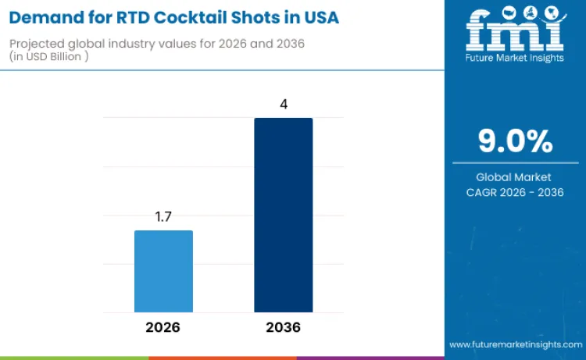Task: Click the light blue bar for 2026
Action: coord(163,271)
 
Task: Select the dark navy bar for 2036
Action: coord(283,215)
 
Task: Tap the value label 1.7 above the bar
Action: coord(163,217)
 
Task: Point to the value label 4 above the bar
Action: coord(283,104)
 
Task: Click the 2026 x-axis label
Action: coord(163,326)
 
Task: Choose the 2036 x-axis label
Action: coord(283,326)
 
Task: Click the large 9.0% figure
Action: coord(515,141)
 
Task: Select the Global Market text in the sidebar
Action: coord(515,177)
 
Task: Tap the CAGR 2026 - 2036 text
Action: coord(515,192)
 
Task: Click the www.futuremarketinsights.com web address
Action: coord(515,344)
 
